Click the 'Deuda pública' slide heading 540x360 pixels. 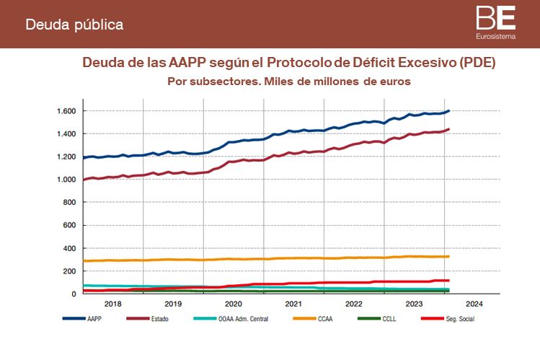74,25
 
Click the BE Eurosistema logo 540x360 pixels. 495,22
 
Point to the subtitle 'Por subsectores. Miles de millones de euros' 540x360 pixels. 288,82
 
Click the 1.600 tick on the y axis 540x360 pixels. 65,111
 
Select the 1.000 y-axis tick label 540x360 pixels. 65,180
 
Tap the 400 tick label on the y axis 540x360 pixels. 69,248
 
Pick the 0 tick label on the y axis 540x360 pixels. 73,294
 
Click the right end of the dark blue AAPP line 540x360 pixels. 449,110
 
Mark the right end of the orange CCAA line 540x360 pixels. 449,256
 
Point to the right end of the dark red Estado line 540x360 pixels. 449,129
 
